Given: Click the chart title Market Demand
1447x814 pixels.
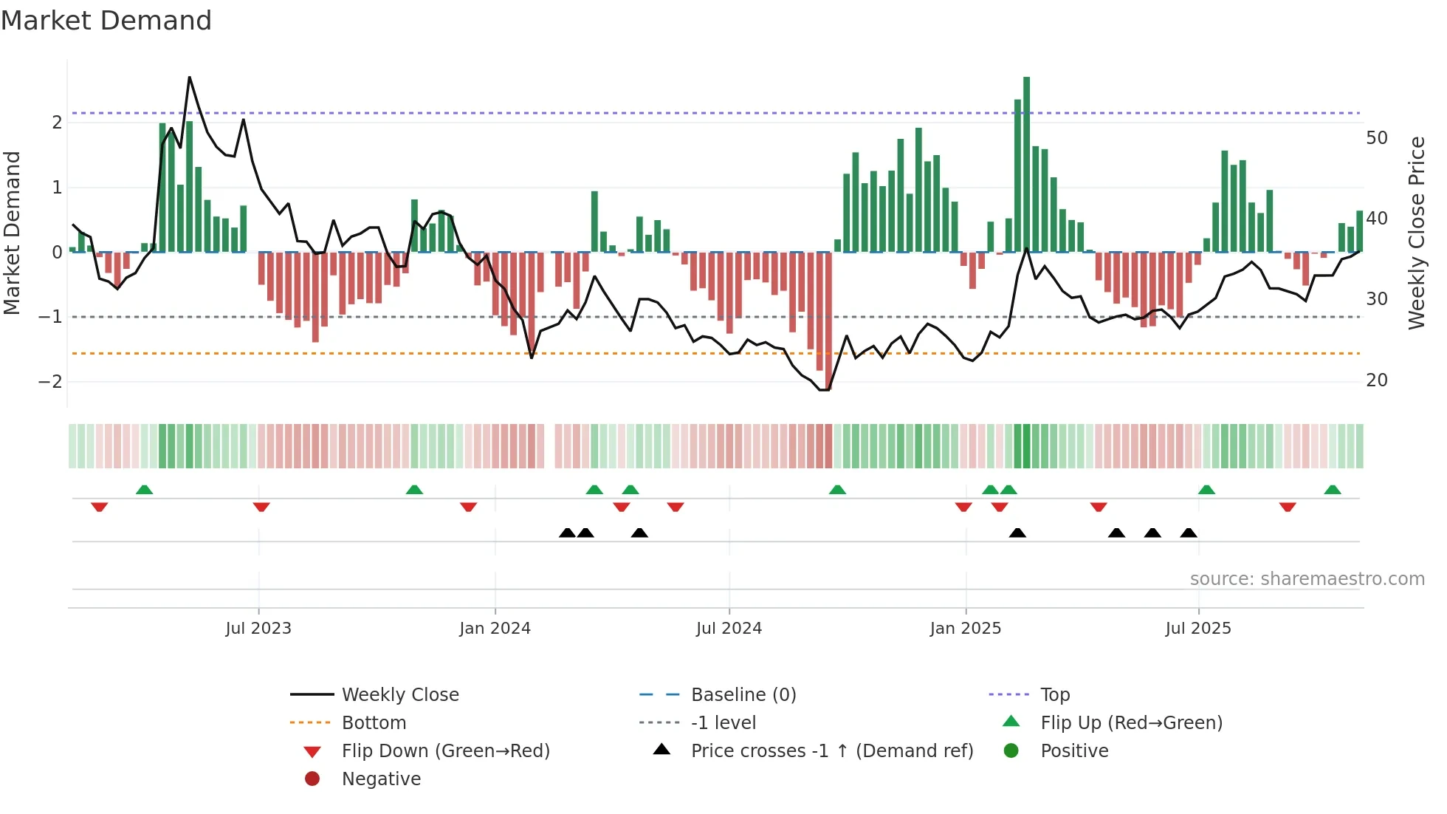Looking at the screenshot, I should pos(106,21).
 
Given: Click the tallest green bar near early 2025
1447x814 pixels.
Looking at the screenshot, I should pos(1026,163).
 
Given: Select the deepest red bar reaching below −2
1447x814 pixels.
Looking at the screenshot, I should pos(828,325).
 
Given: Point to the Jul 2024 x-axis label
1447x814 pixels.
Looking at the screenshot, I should pos(729,629).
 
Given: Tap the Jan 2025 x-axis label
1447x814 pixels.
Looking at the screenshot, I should pos(965,629).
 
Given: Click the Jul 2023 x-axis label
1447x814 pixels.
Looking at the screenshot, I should pos(258,629).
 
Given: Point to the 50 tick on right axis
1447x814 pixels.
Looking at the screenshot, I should pos(1376,138).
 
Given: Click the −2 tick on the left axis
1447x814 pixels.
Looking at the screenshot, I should pos(51,382).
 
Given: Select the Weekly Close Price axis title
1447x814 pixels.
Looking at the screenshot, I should pos(1416,233).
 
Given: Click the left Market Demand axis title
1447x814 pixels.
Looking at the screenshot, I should pos(12,233).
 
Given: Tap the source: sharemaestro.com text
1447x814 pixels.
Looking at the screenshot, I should pos(1307,579).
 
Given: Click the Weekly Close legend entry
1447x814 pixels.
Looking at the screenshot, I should pos(399,695).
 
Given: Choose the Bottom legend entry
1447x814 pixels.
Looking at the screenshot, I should pos(374,723).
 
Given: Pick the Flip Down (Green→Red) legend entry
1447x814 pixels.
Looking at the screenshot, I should pos(445,751).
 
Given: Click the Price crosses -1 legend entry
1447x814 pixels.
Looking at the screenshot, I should pos(831,751).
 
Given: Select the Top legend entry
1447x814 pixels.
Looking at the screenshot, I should pos(1055,695).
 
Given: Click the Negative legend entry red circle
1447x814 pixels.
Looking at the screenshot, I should pos(312,779).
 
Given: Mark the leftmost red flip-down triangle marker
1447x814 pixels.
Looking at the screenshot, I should pos(100,507).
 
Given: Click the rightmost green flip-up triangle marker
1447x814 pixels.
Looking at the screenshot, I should pos(1333,490).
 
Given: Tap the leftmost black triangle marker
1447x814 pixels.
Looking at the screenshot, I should pos(567,533).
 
